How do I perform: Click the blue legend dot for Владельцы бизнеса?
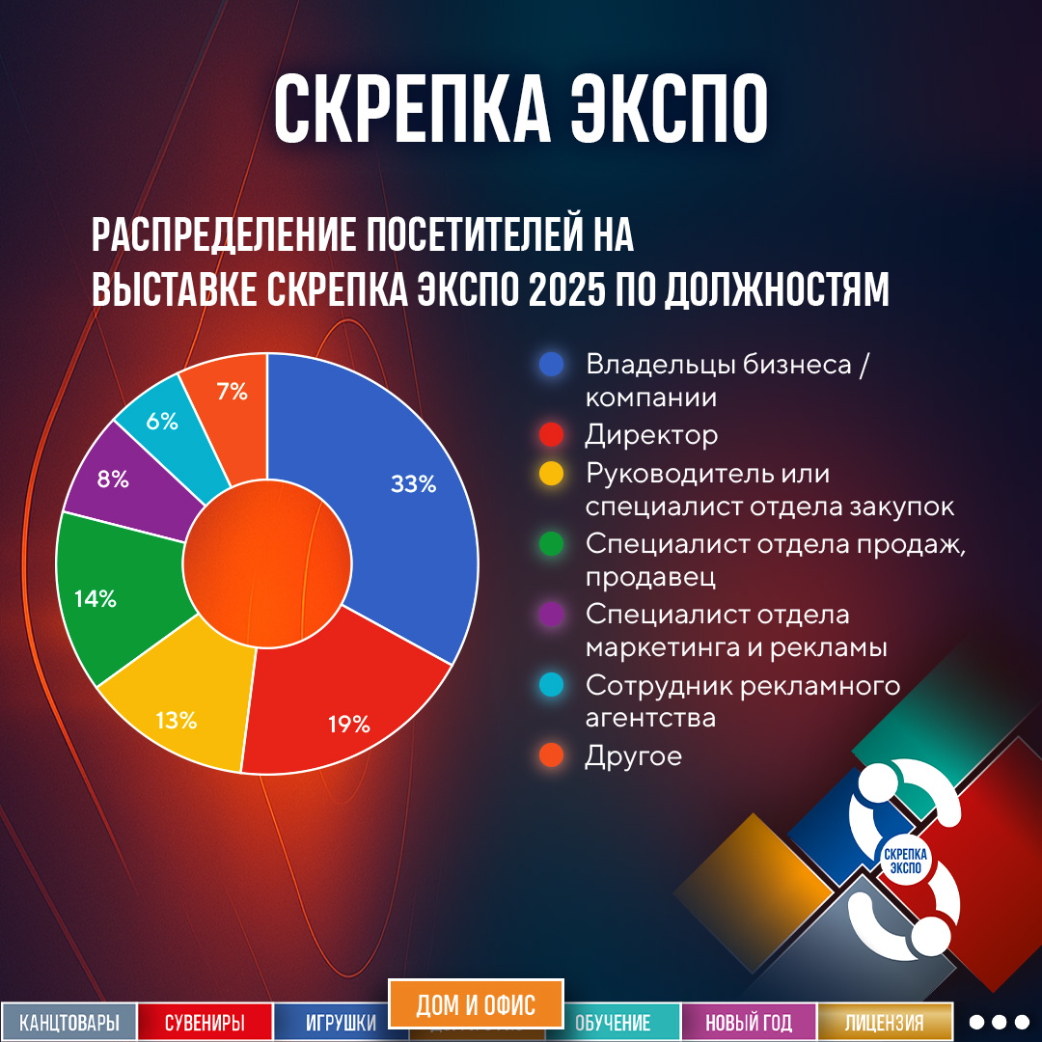tap(552, 365)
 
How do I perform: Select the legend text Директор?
tap(651, 435)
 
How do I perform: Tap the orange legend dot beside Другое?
tap(552, 756)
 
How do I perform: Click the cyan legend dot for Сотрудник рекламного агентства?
tap(552, 686)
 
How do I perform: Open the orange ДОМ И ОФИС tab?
tap(475, 1005)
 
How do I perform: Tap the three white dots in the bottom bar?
tap(1000, 1022)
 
